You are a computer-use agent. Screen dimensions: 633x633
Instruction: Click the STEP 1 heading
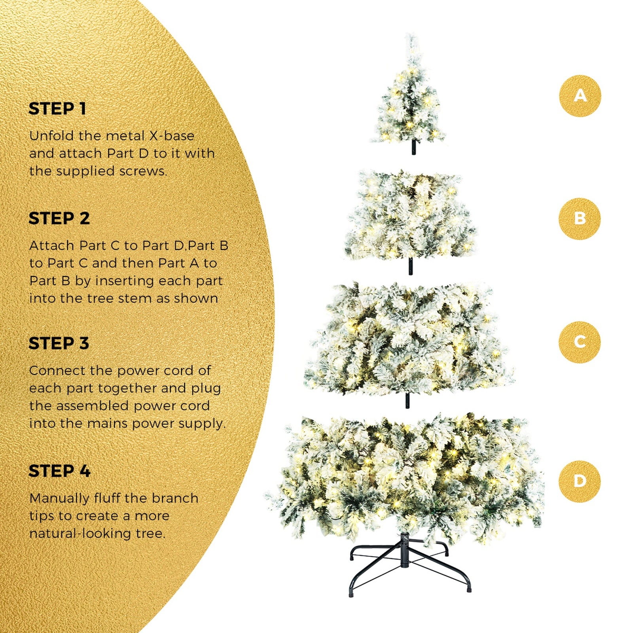[x=57, y=109]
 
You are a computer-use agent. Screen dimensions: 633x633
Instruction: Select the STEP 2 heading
[x=59, y=218]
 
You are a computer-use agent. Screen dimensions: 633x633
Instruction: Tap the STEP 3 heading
[x=59, y=343]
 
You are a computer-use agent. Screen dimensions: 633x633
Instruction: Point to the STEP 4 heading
[x=60, y=471]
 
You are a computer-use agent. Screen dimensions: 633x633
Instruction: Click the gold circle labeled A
[x=580, y=96]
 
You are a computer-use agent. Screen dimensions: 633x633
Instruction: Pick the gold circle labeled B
[x=580, y=219]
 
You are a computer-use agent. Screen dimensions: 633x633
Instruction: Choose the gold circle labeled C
[x=580, y=342]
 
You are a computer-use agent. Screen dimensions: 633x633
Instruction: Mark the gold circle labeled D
[x=580, y=481]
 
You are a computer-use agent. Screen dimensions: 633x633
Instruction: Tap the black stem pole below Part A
[x=414, y=148]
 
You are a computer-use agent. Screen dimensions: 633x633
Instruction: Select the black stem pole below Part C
[x=407, y=400]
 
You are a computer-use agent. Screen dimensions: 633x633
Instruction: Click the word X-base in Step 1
[x=171, y=136]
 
